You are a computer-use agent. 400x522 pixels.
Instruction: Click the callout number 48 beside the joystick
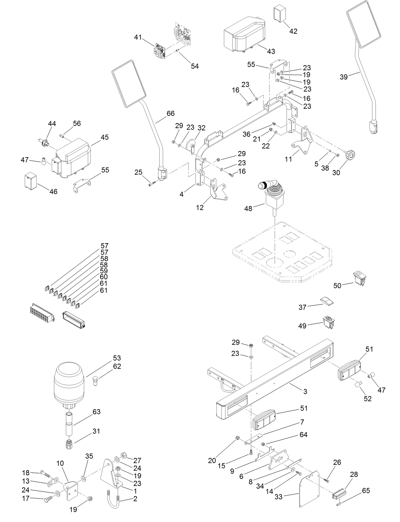click(x=248, y=209)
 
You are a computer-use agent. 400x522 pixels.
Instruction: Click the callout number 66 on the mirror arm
click(x=170, y=113)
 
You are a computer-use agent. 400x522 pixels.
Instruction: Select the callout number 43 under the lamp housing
click(x=271, y=51)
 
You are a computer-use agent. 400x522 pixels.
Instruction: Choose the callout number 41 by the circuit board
click(x=137, y=37)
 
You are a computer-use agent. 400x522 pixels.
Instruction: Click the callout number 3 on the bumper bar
click(x=305, y=392)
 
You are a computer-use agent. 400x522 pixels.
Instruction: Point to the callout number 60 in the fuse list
click(x=104, y=277)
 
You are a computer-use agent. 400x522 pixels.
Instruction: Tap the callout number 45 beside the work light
click(x=104, y=137)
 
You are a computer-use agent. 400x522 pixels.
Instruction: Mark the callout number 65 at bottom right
click(x=366, y=491)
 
